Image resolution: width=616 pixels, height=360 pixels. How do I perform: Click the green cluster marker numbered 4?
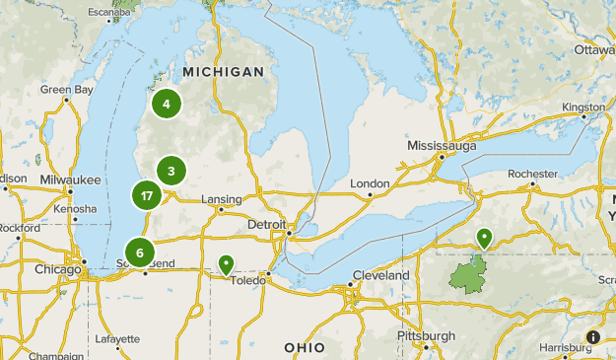tap(167, 104)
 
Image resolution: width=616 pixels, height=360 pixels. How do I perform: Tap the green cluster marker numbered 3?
tap(171, 172)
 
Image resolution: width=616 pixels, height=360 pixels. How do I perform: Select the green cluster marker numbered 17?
tap(147, 195)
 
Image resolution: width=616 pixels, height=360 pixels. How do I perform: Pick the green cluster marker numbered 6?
tap(140, 252)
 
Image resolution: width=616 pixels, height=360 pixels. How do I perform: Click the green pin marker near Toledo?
tap(226, 264)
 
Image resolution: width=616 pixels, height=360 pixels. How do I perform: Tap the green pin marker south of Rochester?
tap(484, 238)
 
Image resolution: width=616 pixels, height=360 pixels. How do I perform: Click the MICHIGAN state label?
tap(223, 72)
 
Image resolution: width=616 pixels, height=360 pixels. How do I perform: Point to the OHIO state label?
tap(304, 347)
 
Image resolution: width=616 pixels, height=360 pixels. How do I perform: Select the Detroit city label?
tap(266, 225)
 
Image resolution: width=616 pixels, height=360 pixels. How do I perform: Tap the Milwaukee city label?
tap(72, 180)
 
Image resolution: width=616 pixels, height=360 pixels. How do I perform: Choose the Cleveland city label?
tap(377, 275)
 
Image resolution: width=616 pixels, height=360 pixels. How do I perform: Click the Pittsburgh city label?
tap(426, 335)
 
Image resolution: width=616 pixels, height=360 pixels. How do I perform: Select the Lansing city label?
tap(221, 198)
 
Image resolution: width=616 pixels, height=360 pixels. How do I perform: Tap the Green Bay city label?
tap(67, 90)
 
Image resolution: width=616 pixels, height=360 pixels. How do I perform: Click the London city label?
tap(370, 183)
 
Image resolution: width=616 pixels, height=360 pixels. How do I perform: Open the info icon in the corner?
tap(592, 337)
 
